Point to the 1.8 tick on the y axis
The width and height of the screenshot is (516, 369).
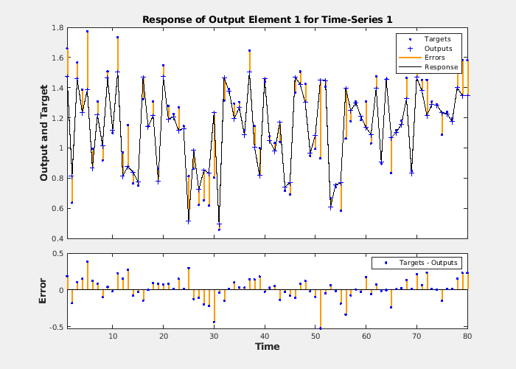56,28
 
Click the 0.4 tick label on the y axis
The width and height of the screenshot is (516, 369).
56,238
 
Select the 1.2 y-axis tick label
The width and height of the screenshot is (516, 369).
56,118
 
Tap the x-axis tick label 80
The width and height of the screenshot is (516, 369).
467,337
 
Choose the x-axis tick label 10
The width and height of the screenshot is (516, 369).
113,337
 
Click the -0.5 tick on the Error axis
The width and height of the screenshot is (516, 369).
54,325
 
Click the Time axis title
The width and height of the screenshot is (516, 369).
267,347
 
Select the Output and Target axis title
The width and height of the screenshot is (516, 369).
43,134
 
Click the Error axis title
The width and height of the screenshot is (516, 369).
42,290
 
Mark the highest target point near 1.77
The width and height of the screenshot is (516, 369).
87,32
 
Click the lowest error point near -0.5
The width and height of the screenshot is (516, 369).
320,328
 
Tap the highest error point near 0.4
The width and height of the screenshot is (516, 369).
87,261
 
